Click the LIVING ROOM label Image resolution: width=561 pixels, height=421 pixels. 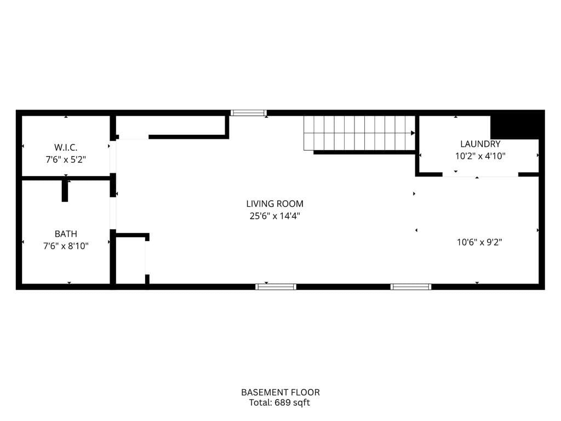click(274, 204)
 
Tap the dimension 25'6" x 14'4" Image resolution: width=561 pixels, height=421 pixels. click(274, 216)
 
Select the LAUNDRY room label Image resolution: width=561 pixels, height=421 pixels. click(480, 144)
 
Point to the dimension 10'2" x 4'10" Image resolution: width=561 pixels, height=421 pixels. click(480, 156)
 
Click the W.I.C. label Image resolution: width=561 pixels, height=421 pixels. click(66, 147)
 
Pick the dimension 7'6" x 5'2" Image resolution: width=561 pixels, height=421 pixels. click(66, 160)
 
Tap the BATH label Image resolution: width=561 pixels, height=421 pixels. click(66, 234)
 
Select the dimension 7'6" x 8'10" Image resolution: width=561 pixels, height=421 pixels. click(66, 246)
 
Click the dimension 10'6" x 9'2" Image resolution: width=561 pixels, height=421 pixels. click(479, 242)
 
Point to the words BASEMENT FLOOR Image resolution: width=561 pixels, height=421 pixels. click(280, 392)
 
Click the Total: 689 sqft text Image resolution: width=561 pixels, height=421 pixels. click(280, 403)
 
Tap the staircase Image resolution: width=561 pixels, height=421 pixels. click(359, 133)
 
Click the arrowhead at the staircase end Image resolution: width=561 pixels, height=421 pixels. click(413, 133)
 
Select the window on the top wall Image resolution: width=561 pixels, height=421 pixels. click(248, 113)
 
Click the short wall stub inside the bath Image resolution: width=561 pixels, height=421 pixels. click(65, 190)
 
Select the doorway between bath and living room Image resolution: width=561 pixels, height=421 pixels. click(113, 213)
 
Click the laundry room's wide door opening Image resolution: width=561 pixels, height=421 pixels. click(480, 174)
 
